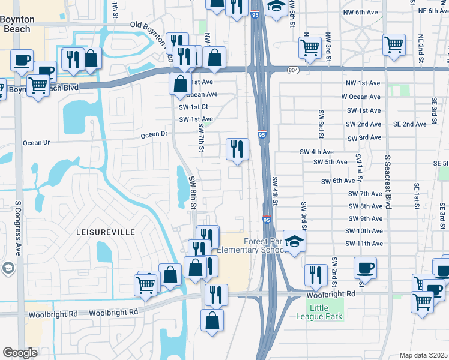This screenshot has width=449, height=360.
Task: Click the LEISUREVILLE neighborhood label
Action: (105, 232)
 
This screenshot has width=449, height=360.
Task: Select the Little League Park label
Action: (319, 312)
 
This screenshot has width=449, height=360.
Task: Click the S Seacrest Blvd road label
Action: (388, 181)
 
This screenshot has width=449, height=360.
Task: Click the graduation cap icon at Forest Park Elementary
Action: (294, 241)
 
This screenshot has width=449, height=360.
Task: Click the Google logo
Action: (20, 353)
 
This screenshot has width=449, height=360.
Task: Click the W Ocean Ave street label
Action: (361, 97)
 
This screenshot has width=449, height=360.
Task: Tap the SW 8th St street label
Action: (193, 193)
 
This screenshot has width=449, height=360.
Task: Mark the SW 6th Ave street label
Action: (338, 181)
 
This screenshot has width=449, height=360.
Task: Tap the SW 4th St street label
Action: (276, 193)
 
